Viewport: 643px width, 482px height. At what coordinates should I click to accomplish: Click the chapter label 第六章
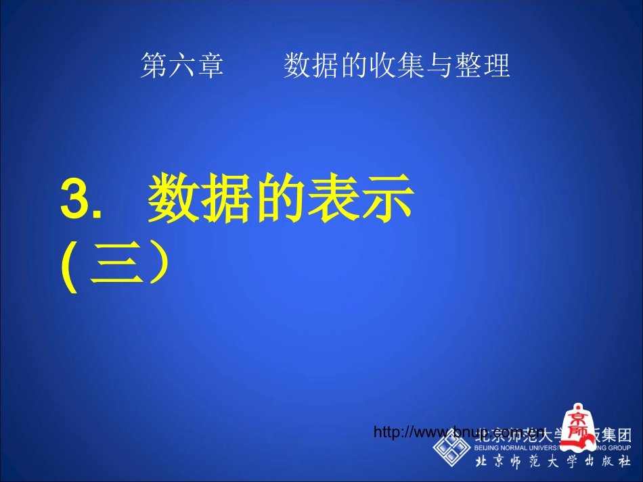(x=181, y=67)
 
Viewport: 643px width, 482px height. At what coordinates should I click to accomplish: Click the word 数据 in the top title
(x=306, y=67)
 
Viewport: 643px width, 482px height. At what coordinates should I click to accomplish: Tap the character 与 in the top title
(x=441, y=67)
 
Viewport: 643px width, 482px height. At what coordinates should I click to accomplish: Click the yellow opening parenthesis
(x=68, y=268)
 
